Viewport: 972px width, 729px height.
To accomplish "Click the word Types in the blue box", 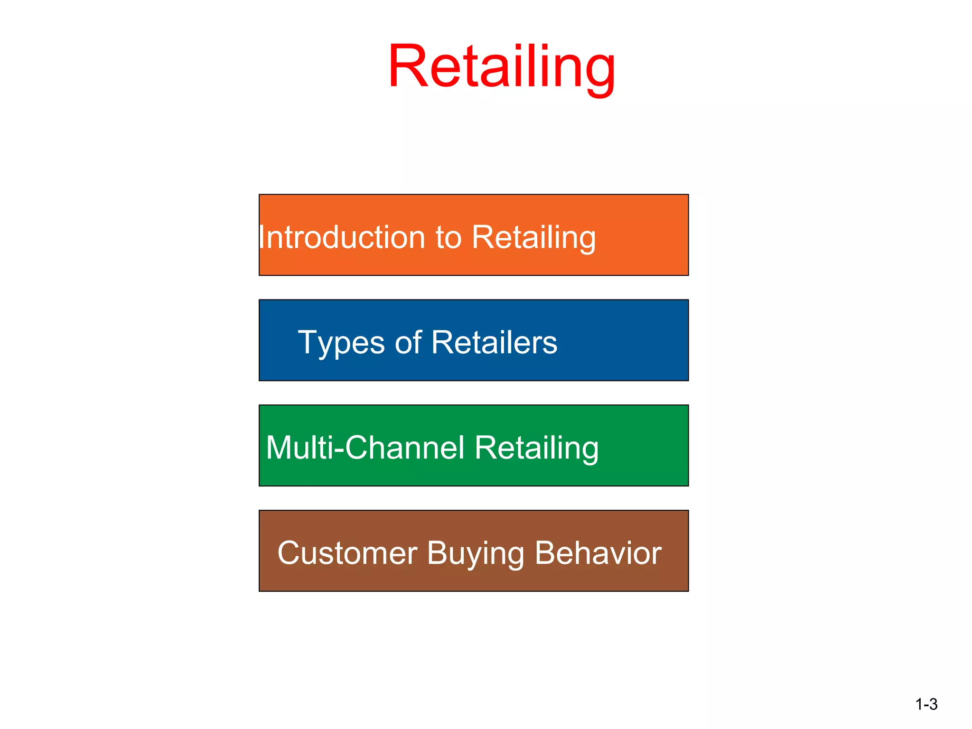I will click(341, 343).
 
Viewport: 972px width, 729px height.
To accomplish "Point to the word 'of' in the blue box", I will click(408, 342).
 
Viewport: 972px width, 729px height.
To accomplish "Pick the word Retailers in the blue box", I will click(494, 342).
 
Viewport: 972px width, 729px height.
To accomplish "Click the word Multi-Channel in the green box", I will click(365, 448).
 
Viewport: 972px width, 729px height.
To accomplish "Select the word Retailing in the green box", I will click(536, 448).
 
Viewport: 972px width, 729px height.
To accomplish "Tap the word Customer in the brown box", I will click(347, 553).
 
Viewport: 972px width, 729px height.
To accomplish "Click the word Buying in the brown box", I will click(475, 554).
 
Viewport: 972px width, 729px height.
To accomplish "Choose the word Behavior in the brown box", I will click(598, 553).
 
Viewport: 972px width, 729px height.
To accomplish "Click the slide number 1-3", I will click(926, 704).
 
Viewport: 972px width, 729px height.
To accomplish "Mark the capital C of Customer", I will click(290, 553).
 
